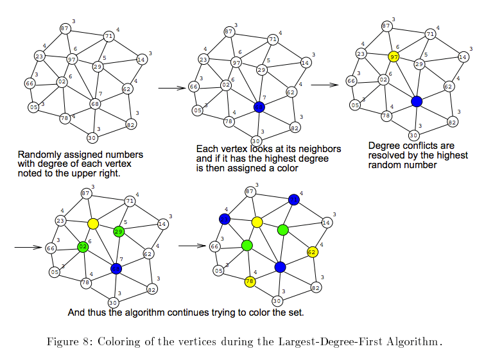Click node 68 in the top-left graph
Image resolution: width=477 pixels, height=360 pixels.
tap(95, 104)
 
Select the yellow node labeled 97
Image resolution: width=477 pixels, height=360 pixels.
tap(394, 57)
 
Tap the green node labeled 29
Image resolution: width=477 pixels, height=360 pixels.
tap(119, 232)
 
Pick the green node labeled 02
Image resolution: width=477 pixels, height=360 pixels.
tap(83, 246)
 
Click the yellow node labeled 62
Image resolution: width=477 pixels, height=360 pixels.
tap(313, 252)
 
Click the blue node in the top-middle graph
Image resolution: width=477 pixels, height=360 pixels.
tap(259, 107)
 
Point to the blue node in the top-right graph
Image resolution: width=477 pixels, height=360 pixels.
tap(417, 101)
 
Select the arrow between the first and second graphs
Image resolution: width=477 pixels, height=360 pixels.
tap(170, 88)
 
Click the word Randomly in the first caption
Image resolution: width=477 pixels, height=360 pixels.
tap(39, 155)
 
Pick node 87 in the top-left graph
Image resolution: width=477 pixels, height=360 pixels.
tap(65, 29)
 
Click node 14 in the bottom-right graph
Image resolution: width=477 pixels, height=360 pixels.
tap(326, 223)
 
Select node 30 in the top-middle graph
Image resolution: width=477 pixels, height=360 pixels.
tap(256, 141)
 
